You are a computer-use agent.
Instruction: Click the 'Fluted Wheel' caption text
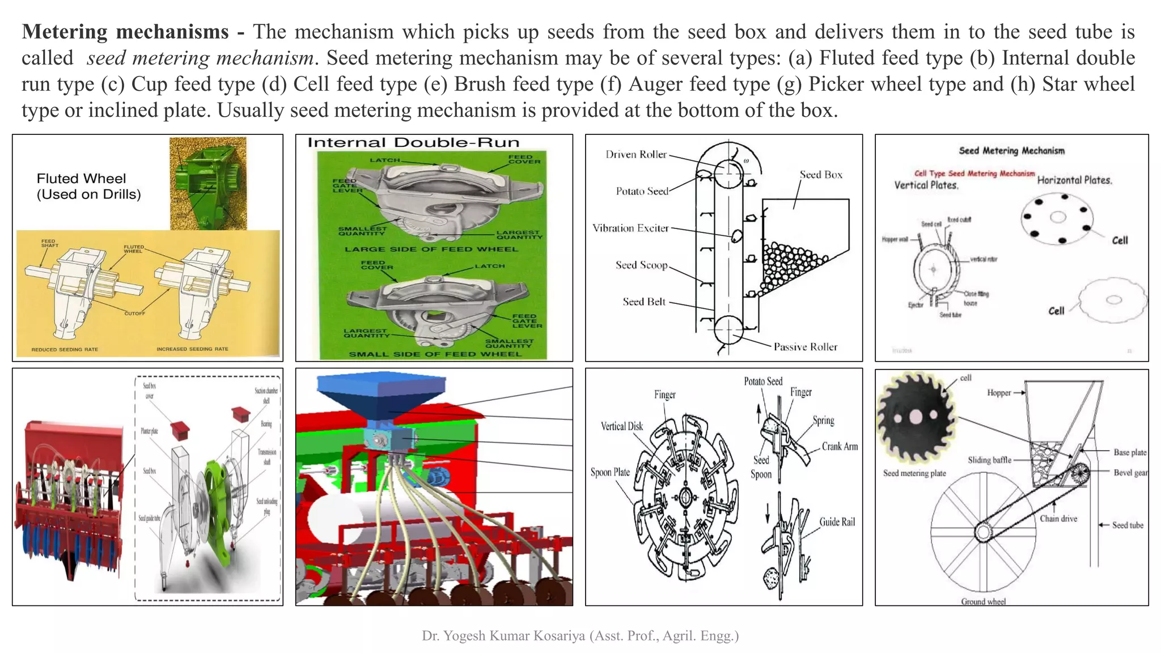coord(81,179)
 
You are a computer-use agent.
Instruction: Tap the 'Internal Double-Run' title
coord(413,142)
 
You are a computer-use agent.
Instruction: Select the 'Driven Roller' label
coord(635,154)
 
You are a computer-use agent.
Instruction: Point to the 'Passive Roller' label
coord(805,347)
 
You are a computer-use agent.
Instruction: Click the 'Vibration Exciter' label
coord(630,228)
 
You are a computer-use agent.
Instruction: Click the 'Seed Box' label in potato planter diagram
coord(820,175)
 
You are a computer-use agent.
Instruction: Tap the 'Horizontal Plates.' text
coord(1074,180)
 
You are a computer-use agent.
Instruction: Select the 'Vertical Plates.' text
coord(926,185)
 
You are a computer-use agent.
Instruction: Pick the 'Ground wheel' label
coord(983,601)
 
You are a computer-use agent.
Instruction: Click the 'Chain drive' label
coord(1058,518)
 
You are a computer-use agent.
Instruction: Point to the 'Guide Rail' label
coord(836,522)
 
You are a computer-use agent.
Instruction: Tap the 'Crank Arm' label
coord(840,447)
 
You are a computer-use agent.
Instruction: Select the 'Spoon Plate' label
coord(609,472)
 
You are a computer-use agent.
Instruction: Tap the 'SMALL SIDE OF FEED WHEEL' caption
coord(434,354)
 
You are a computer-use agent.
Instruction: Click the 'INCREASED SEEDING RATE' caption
coord(192,349)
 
